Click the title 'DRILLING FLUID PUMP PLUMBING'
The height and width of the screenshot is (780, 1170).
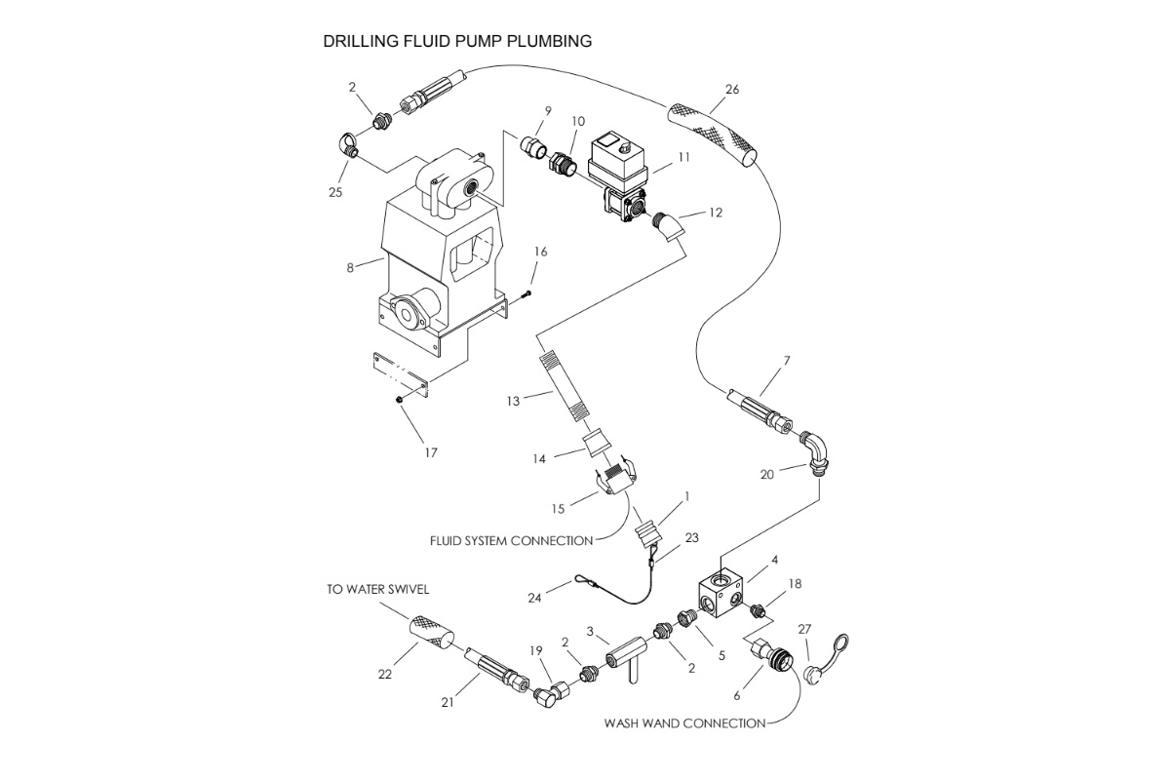click(x=457, y=42)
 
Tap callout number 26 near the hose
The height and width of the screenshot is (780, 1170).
click(x=732, y=90)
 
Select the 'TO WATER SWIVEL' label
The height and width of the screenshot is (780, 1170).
click(x=377, y=590)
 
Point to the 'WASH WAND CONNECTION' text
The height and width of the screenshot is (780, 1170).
click(x=684, y=723)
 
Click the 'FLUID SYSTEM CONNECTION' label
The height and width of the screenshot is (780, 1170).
click(x=512, y=540)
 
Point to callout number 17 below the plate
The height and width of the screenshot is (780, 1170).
click(x=431, y=452)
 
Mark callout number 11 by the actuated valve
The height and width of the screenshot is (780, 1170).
click(x=683, y=157)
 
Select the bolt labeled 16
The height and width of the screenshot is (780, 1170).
click(x=526, y=292)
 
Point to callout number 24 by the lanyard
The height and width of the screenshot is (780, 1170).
click(x=534, y=598)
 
